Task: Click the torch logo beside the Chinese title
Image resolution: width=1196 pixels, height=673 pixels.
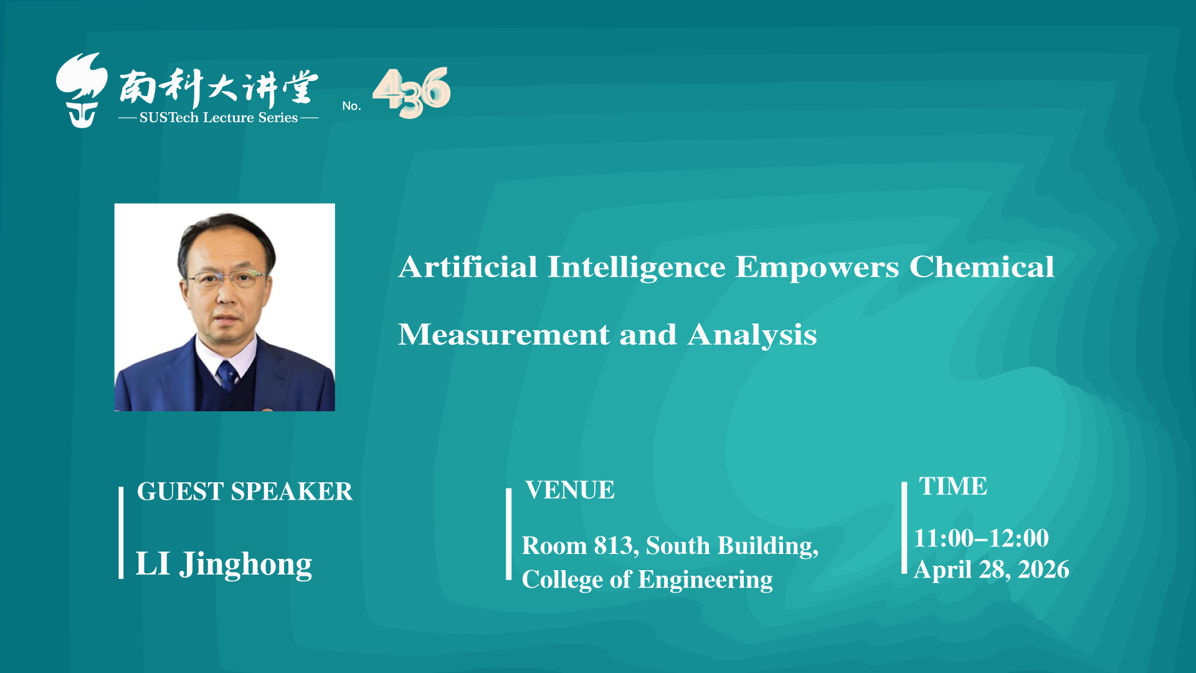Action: coord(81,90)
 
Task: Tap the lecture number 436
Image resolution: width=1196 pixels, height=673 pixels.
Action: coord(412,92)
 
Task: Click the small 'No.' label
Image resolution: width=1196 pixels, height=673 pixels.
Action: coord(351,106)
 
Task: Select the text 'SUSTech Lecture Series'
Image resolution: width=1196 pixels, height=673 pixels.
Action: coord(219,118)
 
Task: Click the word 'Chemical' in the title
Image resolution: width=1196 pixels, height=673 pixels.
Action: coord(982,267)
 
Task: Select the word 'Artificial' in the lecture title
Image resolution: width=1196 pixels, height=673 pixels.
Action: coord(468,267)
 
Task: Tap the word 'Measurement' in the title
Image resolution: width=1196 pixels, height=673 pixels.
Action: coord(503,335)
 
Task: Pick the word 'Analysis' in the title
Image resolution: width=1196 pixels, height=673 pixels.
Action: coord(752,335)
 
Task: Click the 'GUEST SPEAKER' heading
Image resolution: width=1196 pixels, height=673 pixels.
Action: coord(244,492)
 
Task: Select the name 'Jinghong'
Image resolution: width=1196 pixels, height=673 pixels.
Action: coord(245,565)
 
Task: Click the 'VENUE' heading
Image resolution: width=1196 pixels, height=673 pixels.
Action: coord(569,490)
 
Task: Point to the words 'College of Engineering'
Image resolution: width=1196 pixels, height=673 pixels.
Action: coord(647,580)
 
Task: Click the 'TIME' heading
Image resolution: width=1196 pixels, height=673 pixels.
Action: coord(953,486)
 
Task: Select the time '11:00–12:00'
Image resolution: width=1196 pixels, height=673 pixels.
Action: coord(981,538)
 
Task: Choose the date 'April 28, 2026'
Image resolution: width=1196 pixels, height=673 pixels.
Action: coord(992,570)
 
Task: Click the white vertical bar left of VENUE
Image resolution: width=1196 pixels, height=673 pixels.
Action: coord(509,534)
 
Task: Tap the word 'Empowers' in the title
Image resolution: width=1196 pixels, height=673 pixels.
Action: coord(817,268)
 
